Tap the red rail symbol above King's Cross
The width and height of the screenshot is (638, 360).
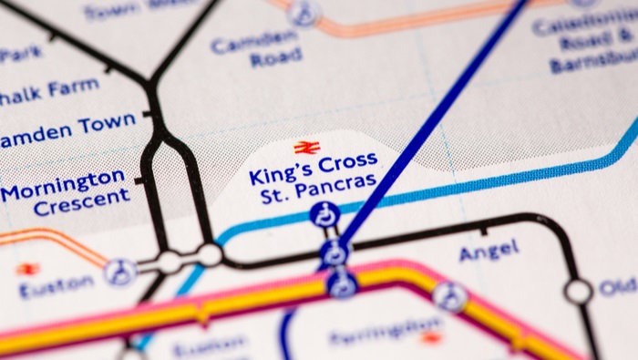click(x=306, y=147)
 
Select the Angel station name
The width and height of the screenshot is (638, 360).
click(x=489, y=250)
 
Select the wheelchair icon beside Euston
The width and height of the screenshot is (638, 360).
click(x=118, y=271)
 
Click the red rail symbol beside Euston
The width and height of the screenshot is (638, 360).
click(x=28, y=269)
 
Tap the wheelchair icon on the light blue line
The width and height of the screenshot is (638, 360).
click(x=324, y=216)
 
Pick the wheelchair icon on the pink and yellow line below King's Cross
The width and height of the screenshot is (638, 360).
click(x=341, y=284)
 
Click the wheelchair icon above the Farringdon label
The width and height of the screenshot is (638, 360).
click(x=448, y=296)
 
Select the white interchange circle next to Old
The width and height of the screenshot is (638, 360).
click(x=578, y=292)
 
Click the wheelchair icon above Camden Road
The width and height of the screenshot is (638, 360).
click(x=304, y=13)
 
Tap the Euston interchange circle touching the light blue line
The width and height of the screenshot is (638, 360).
click(x=210, y=254)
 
